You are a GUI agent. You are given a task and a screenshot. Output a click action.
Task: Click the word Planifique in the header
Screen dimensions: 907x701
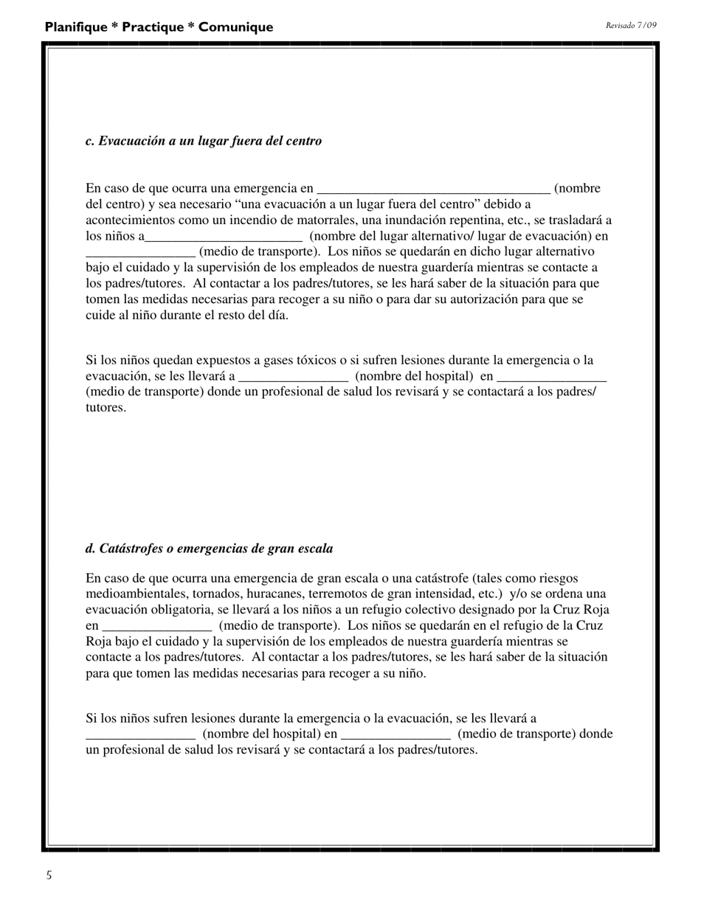(76, 27)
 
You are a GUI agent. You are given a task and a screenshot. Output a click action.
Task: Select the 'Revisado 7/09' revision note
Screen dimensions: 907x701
(631, 25)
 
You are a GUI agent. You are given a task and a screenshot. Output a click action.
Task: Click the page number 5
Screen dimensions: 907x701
(49, 875)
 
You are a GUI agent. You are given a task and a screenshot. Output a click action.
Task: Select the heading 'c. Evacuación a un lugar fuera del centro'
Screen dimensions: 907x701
(204, 141)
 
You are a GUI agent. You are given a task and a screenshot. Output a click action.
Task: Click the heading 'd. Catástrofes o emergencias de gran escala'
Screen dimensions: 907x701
(209, 549)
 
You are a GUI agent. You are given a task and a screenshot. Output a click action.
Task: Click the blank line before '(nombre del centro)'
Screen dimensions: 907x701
(433, 190)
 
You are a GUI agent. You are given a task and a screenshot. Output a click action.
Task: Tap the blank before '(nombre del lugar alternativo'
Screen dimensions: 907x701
(224, 237)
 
